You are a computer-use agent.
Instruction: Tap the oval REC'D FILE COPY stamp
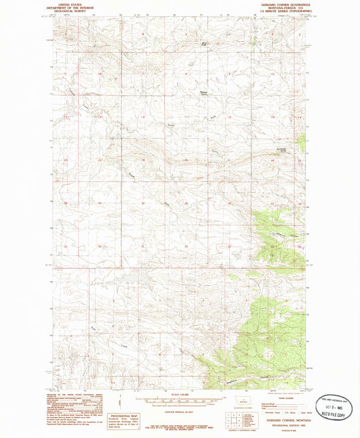coord(334,408)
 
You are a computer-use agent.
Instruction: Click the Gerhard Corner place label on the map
coord(202,94)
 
